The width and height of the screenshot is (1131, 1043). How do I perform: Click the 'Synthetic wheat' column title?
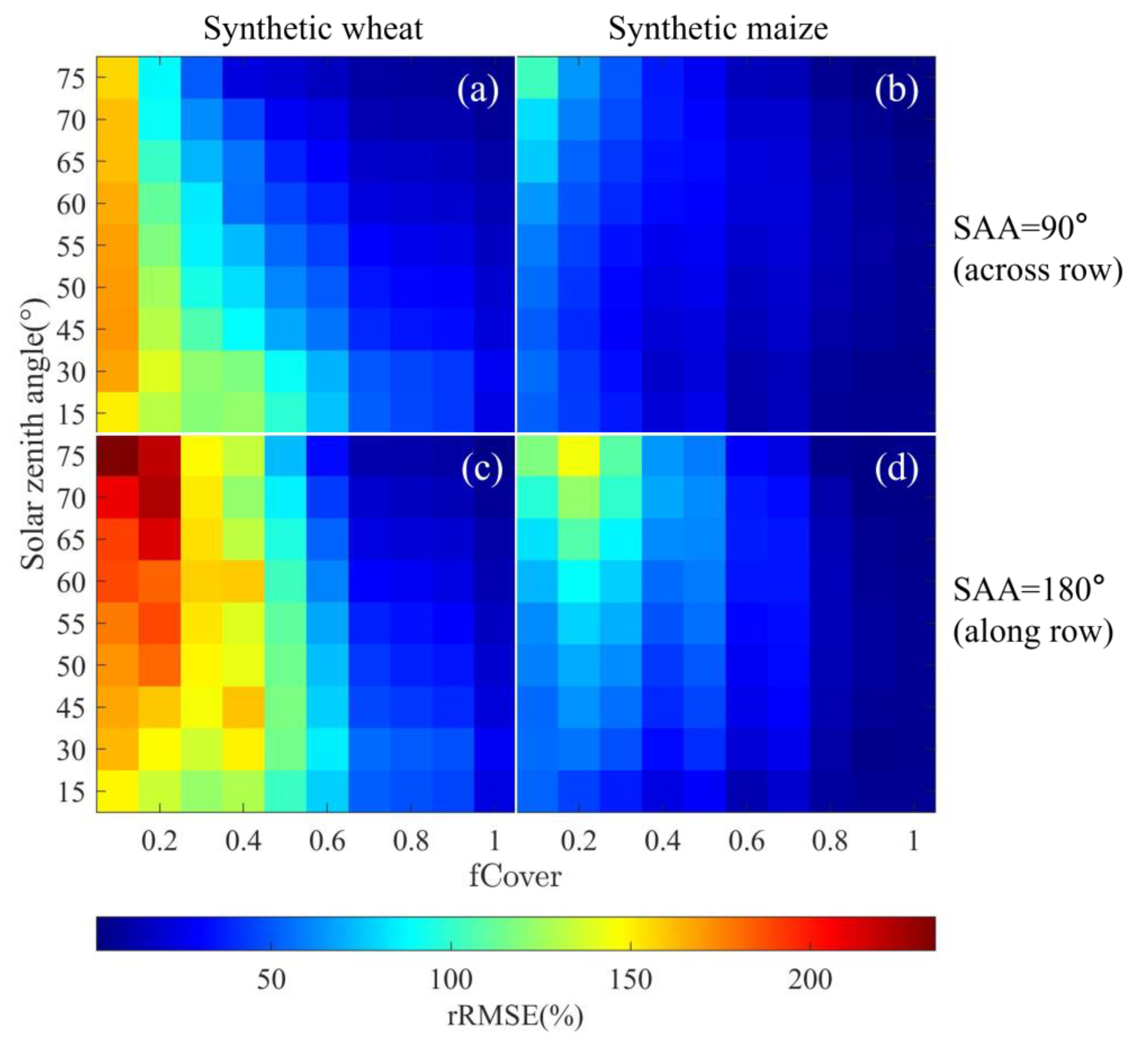point(313,28)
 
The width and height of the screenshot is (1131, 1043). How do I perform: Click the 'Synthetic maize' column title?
point(718,28)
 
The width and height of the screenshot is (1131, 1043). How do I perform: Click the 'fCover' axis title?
point(515,877)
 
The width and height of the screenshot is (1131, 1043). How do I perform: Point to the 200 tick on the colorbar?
point(810,980)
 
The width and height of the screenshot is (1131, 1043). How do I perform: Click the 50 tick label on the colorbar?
point(271,980)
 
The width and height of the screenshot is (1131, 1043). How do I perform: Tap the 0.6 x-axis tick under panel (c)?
point(327,841)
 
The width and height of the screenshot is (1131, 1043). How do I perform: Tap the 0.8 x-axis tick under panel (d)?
point(829,841)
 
